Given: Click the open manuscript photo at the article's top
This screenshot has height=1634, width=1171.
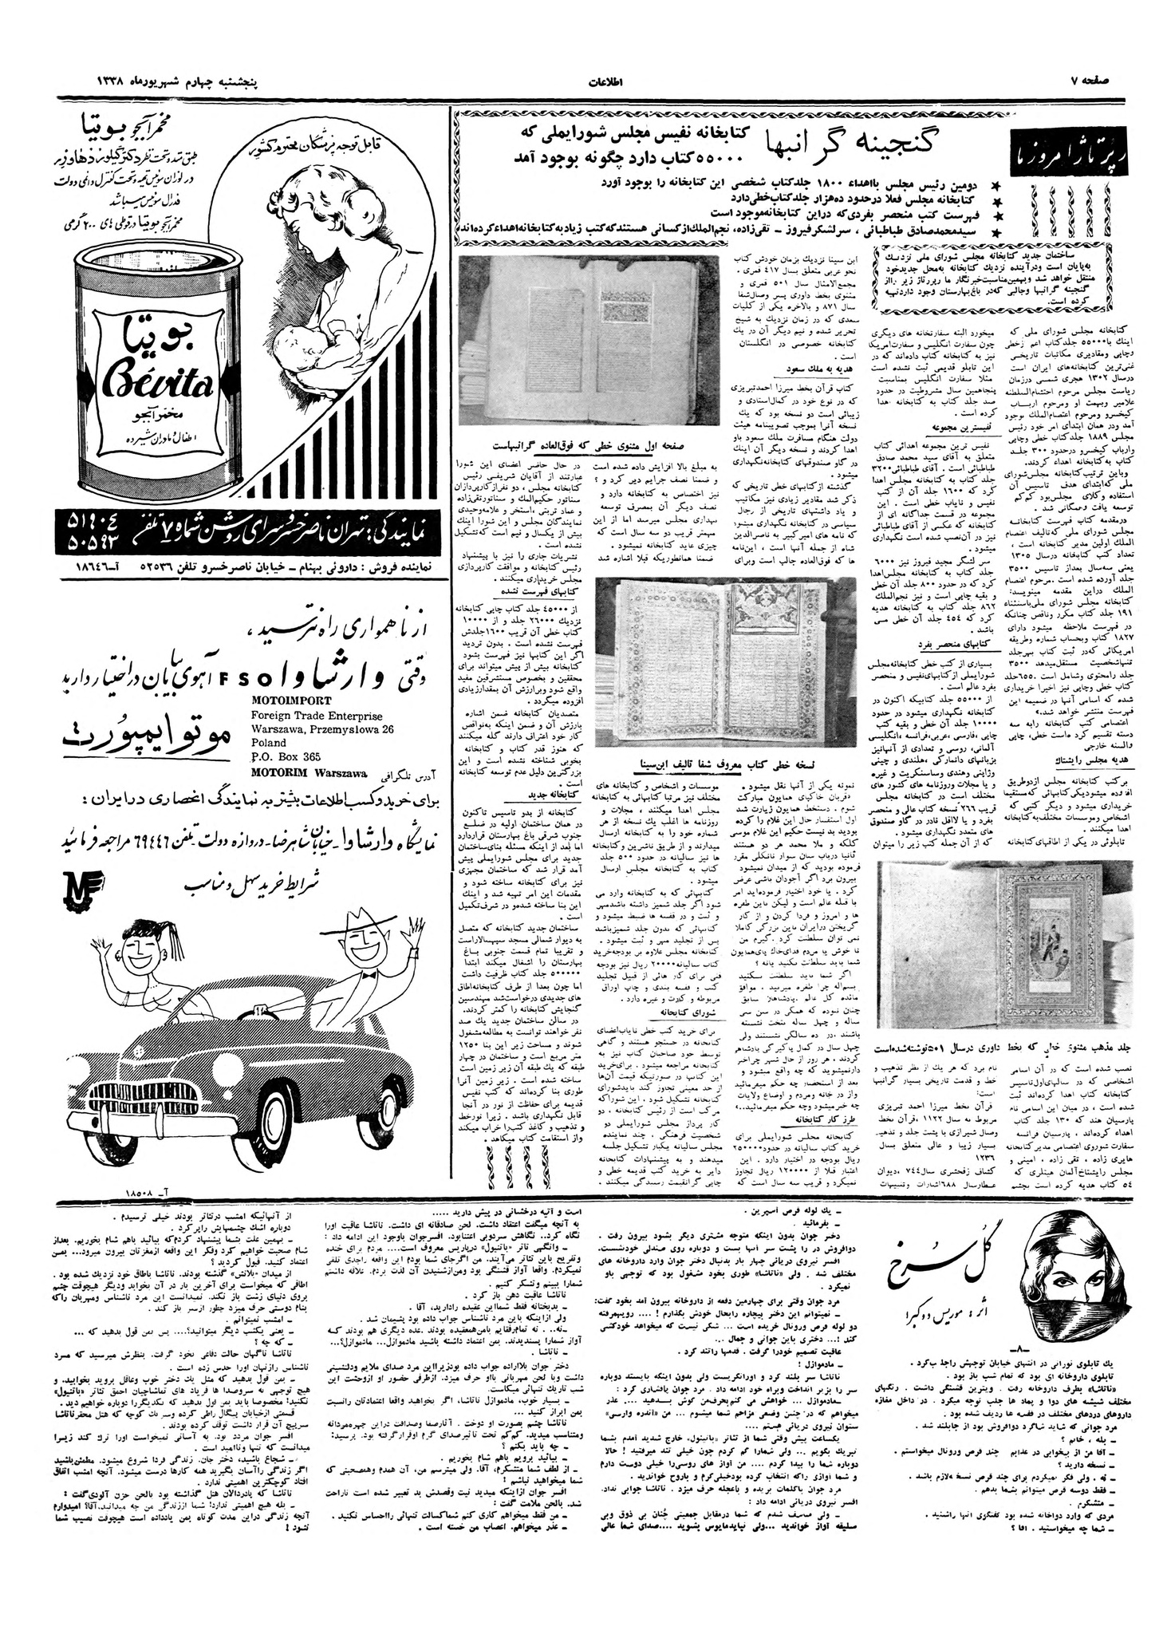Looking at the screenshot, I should click(x=589, y=340).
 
